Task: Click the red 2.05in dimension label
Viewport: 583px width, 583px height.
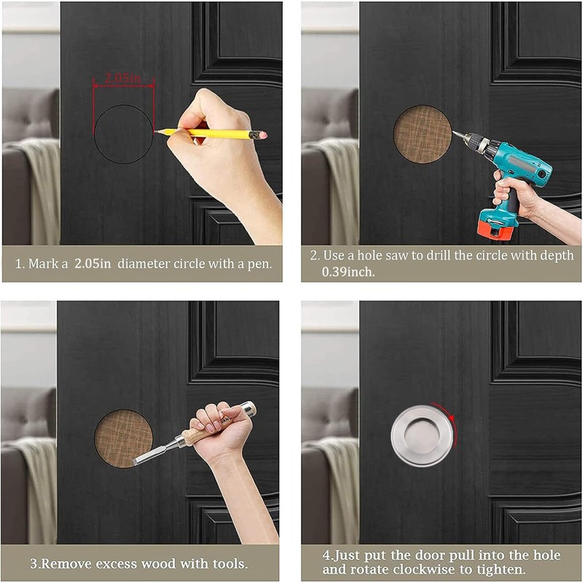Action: click(123, 77)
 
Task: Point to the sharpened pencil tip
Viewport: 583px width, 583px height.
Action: click(156, 131)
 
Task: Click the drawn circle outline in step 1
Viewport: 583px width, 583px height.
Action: click(95, 134)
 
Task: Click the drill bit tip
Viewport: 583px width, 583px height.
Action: click(453, 132)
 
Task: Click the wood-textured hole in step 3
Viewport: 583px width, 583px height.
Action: click(122, 438)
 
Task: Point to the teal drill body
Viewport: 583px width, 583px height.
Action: click(510, 157)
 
